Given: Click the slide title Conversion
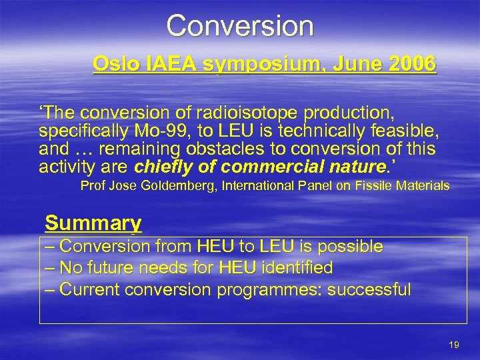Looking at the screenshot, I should pos(239,25).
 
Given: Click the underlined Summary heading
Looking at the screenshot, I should pos(93,222).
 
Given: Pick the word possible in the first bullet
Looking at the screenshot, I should pos(350,247).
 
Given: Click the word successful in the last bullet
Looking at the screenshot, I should pos(373,289).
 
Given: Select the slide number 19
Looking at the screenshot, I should pos(454,345).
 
